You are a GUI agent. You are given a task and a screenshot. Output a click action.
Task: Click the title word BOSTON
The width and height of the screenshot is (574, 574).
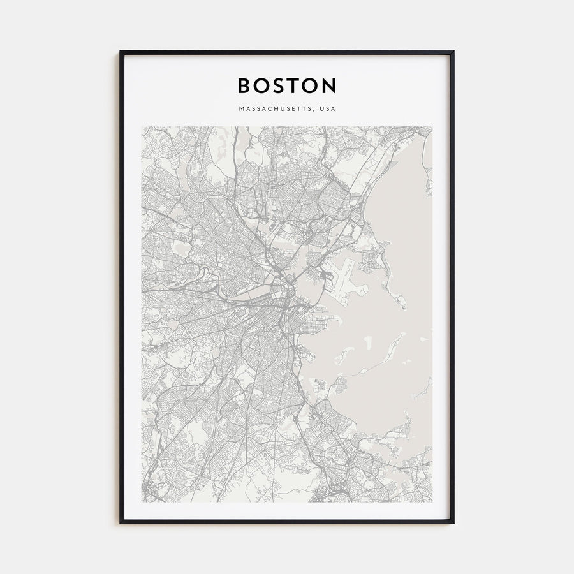[287, 86]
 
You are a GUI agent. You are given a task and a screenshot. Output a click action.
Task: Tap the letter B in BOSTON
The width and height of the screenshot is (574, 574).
[244, 86]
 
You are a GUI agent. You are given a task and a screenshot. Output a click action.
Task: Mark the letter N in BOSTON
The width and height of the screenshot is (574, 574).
[329, 86]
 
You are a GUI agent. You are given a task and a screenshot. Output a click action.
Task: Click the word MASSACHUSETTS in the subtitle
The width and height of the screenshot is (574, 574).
[277, 108]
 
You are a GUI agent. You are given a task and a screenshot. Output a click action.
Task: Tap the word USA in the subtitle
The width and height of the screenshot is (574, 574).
[328, 108]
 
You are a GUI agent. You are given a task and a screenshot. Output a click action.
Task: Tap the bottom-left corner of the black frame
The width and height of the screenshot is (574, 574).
[121, 522]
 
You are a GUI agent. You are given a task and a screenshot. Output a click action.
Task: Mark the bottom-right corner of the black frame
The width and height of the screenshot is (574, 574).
[453, 522]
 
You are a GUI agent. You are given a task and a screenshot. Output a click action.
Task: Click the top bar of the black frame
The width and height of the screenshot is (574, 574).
[287, 52]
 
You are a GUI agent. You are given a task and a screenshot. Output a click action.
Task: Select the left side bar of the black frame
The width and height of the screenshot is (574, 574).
[121, 287]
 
